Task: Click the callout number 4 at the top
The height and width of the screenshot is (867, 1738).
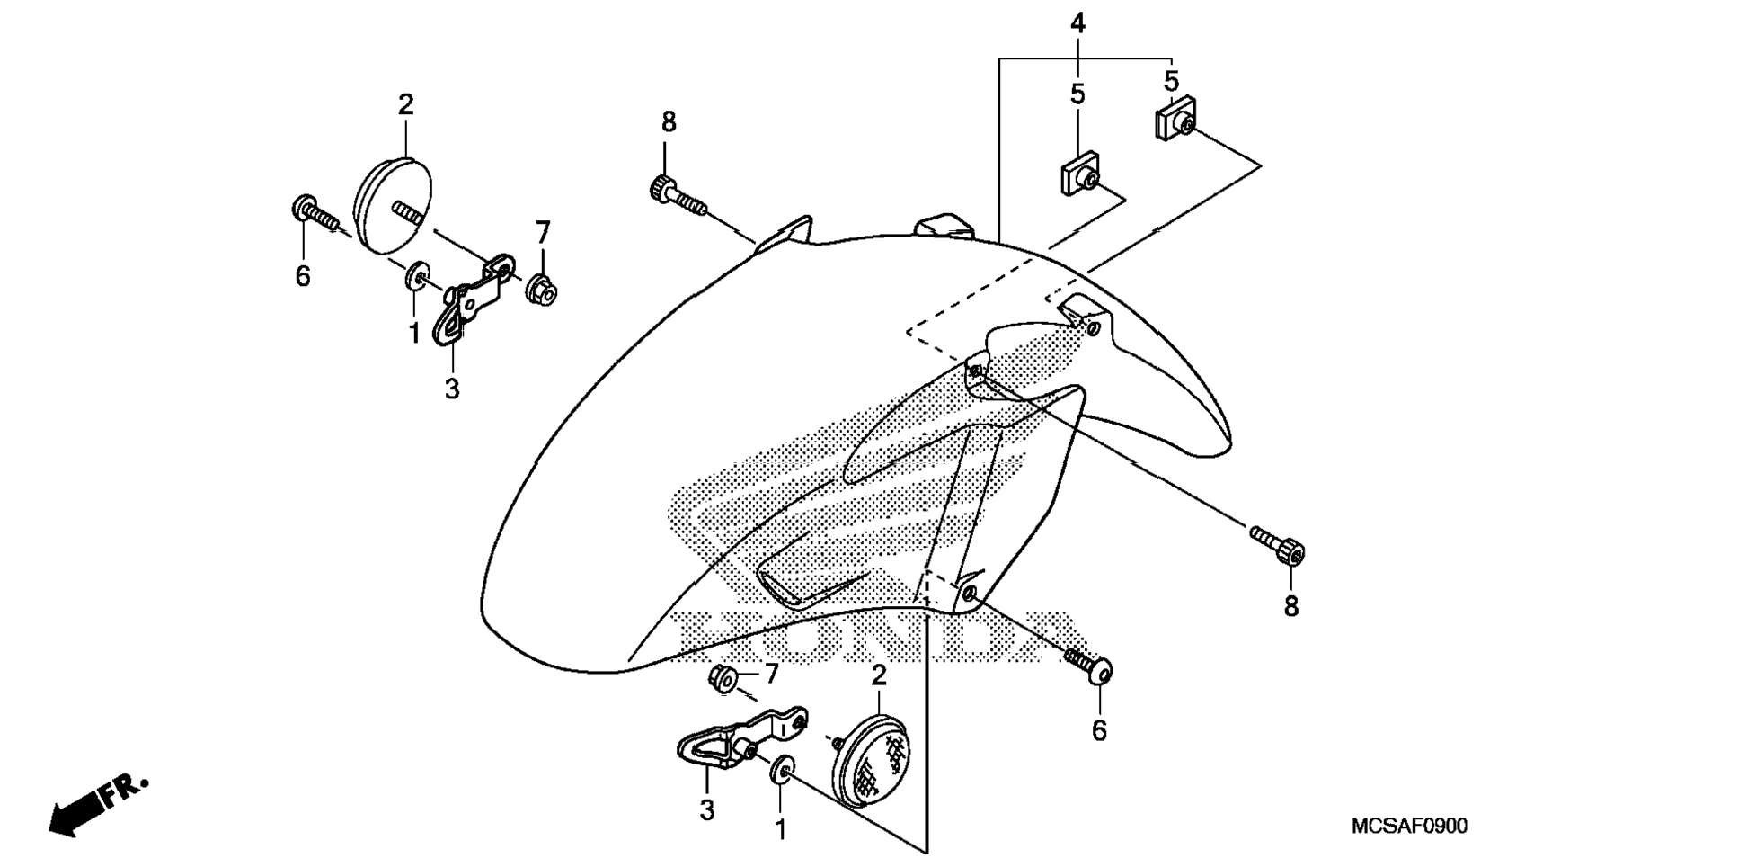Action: point(1077,23)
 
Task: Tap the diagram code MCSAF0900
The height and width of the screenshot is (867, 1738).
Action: point(1408,826)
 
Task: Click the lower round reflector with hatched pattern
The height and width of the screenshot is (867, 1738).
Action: point(872,759)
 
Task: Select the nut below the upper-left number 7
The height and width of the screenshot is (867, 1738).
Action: point(542,289)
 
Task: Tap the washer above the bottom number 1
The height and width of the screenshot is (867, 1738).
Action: point(781,770)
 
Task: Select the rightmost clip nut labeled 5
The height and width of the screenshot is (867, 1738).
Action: point(1175,118)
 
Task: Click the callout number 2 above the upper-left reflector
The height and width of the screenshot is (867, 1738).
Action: point(406,104)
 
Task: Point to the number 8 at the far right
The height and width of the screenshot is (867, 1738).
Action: point(1291,607)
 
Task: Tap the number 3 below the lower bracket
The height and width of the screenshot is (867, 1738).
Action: point(707,809)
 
